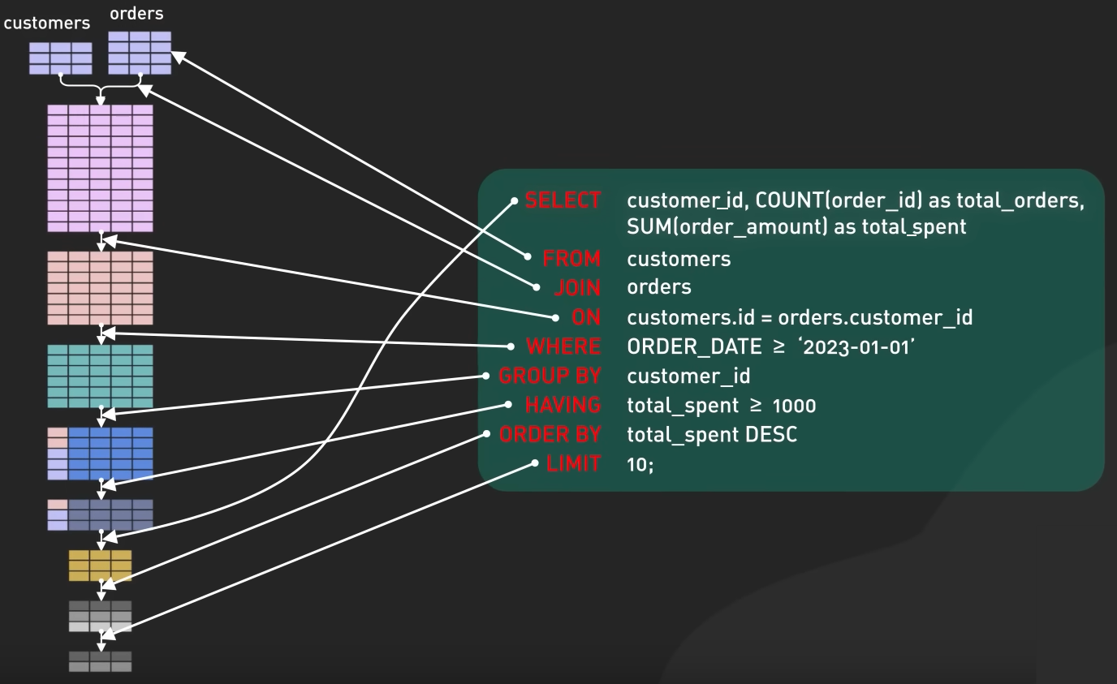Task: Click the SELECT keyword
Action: pyautogui.click(x=563, y=200)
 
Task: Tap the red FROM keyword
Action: pyautogui.click(x=572, y=259)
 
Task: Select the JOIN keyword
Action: pyautogui.click(x=577, y=288)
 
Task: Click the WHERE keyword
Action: pyautogui.click(x=563, y=346)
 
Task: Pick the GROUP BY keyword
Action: pyautogui.click(x=550, y=376)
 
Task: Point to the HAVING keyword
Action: pyautogui.click(x=563, y=405)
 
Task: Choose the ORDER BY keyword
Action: pyautogui.click(x=550, y=434)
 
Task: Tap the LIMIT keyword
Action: pyautogui.click(x=573, y=463)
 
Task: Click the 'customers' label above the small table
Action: pyautogui.click(x=47, y=23)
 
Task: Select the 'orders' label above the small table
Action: pyautogui.click(x=136, y=14)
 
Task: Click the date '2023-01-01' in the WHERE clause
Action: pyautogui.click(x=856, y=347)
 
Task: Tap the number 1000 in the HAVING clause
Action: pyautogui.click(x=794, y=406)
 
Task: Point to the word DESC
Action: pyautogui.click(x=771, y=435)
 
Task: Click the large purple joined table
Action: pyautogui.click(x=100, y=168)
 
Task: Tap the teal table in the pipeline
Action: pyautogui.click(x=100, y=376)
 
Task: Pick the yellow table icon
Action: pyautogui.click(x=100, y=566)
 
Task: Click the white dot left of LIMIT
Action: pyautogui.click(x=535, y=463)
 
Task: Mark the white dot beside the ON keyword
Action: pyautogui.click(x=555, y=317)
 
